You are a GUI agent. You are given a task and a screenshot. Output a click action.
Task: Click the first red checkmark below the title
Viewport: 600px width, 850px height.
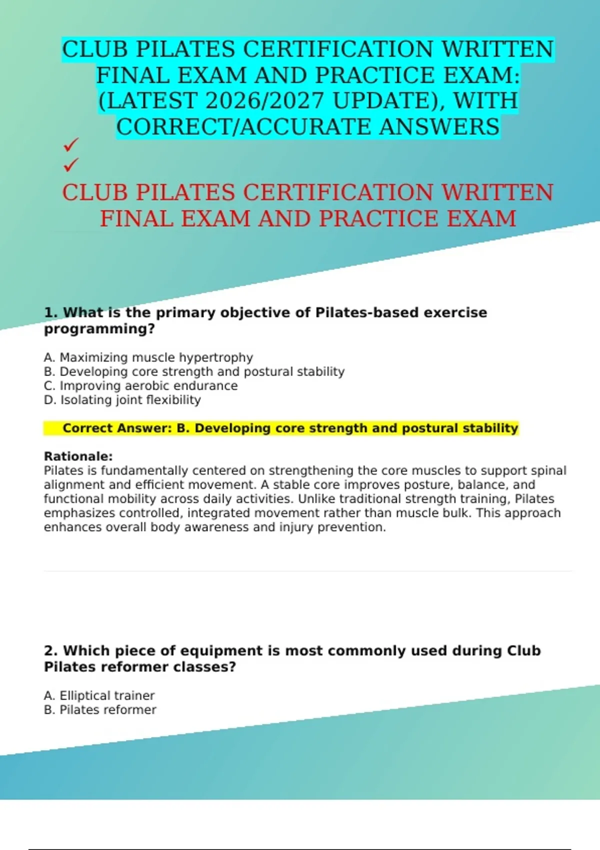pyautogui.click(x=71, y=145)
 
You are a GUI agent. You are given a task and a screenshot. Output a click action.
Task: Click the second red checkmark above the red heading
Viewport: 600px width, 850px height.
pyautogui.click(x=71, y=164)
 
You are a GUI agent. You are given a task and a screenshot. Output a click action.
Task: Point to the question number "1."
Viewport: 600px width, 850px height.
pyautogui.click(x=51, y=312)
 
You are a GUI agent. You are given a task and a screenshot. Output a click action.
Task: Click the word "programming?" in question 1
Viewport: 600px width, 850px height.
pyautogui.click(x=99, y=329)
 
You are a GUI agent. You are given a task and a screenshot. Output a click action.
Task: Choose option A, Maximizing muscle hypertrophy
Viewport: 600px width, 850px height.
pyautogui.click(x=148, y=357)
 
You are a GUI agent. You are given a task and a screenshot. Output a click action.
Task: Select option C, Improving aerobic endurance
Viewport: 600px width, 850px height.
pyautogui.click(x=140, y=386)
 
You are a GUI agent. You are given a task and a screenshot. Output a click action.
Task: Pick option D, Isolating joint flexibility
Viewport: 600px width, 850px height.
pyautogui.click(x=122, y=400)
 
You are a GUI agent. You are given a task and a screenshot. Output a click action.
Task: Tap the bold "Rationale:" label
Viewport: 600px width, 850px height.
pyautogui.click(x=78, y=456)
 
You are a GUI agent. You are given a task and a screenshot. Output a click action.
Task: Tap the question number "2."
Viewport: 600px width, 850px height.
pyautogui.click(x=51, y=651)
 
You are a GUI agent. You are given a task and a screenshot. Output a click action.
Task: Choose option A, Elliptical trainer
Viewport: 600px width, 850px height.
pyautogui.click(x=99, y=695)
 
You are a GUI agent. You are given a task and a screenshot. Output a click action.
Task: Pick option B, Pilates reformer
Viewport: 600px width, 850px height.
pyautogui.click(x=100, y=710)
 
